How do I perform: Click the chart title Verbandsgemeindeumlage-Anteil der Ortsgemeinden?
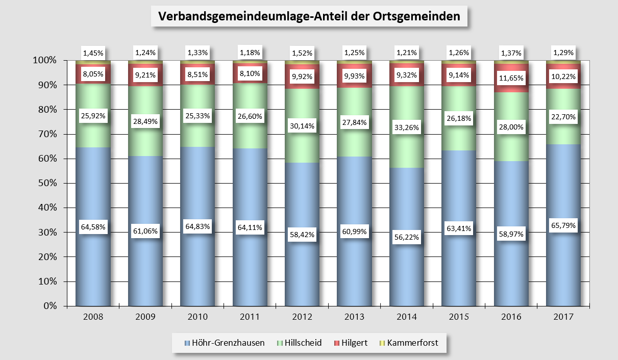coord(309,16)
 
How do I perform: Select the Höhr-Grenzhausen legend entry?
coord(225,343)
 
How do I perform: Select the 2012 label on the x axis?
coord(302,317)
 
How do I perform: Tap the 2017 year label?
coord(563,317)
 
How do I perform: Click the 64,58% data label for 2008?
coord(93,227)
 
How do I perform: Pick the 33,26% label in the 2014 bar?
coord(407,128)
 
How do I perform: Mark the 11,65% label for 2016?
coord(511,79)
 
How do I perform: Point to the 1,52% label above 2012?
coord(302,53)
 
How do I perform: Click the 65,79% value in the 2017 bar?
coord(563,225)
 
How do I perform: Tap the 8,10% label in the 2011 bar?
coord(250,73)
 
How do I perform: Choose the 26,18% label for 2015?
coord(459,118)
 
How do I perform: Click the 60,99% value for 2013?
coord(354,232)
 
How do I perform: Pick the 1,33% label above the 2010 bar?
coord(197,52)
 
